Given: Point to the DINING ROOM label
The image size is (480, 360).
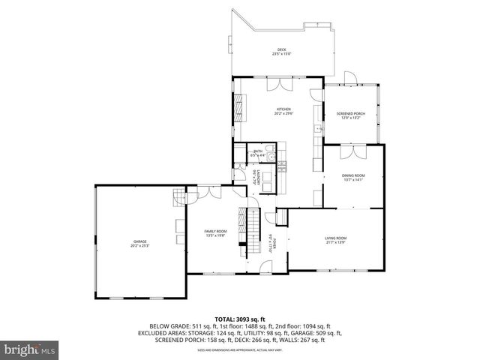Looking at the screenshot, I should pos(353,176).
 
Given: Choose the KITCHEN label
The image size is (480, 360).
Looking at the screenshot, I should pos(283,109).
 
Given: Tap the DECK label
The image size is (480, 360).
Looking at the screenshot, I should pos(281,49).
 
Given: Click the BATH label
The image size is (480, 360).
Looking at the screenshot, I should pos(258,151).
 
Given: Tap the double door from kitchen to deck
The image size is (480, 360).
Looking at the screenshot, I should pos(277,80).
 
